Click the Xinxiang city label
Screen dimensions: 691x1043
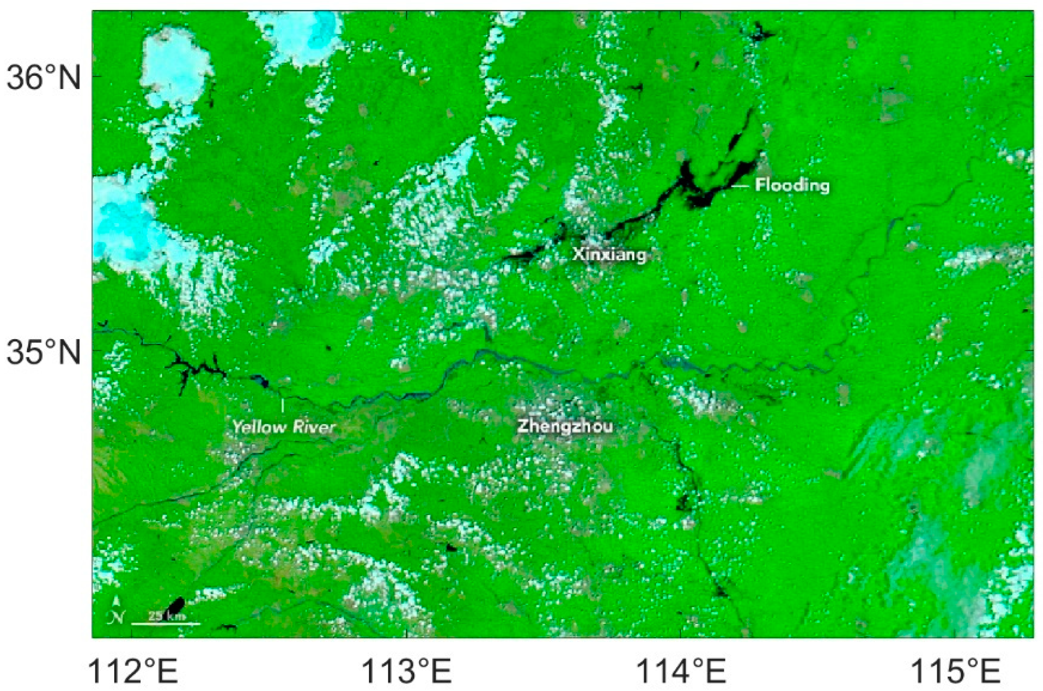(x=610, y=255)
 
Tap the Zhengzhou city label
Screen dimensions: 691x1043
(x=565, y=426)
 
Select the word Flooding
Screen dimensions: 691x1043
(x=792, y=185)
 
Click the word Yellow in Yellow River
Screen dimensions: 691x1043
(x=257, y=427)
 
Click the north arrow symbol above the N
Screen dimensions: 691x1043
(x=116, y=601)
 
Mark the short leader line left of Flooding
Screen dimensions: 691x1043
(x=741, y=187)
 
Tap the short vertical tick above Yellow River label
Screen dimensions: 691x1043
(x=283, y=405)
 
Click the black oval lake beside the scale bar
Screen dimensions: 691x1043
(x=175, y=605)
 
